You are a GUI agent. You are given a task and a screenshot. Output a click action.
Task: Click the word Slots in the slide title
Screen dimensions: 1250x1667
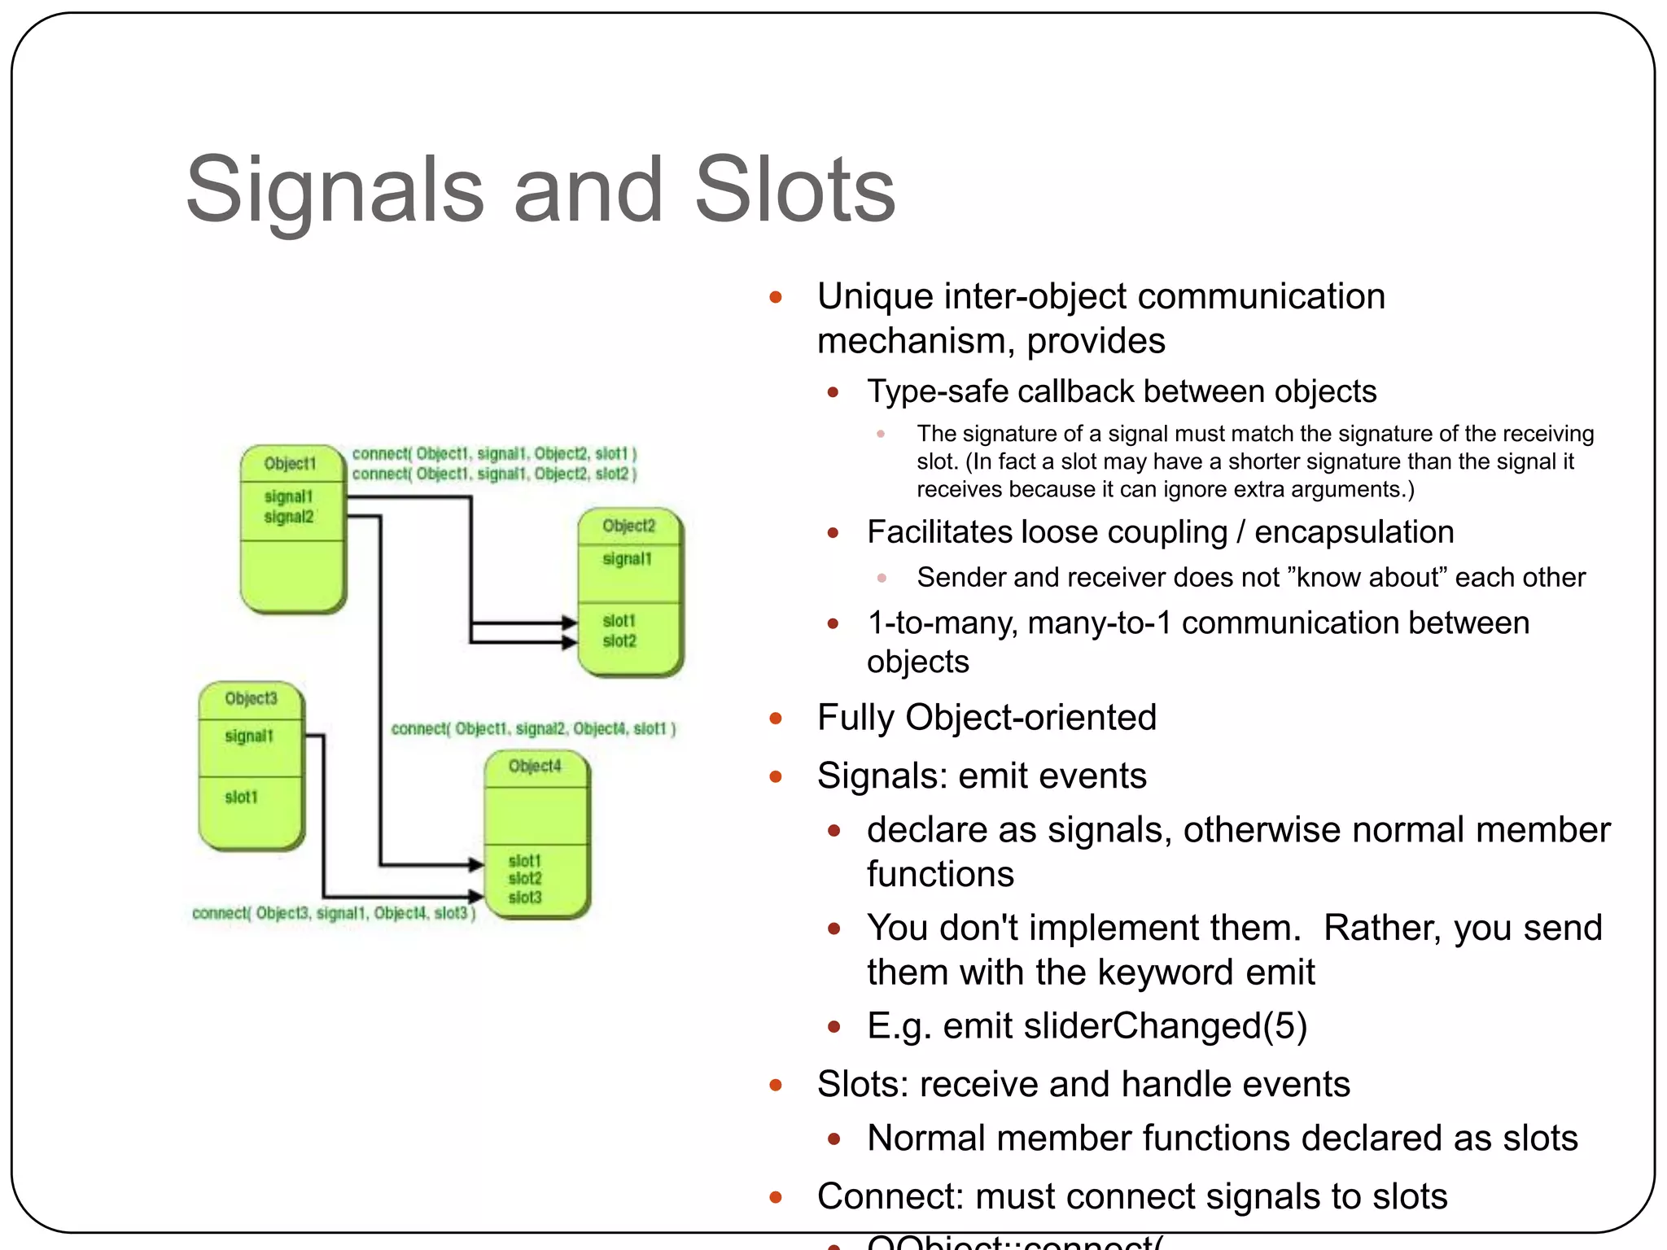click(794, 190)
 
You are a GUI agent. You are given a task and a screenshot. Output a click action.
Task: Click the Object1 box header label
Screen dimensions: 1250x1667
click(290, 464)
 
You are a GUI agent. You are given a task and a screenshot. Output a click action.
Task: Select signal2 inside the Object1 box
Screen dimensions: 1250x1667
click(288, 517)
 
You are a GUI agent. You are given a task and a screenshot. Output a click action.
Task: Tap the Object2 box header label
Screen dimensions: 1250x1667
click(628, 526)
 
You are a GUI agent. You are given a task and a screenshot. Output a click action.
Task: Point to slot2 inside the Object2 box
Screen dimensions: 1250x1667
click(619, 641)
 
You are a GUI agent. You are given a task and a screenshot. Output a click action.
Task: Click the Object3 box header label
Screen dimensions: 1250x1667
click(251, 698)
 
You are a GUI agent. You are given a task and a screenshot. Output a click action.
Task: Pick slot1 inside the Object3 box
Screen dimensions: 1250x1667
click(241, 798)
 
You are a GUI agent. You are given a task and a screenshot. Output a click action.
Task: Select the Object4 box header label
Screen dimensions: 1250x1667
click(535, 766)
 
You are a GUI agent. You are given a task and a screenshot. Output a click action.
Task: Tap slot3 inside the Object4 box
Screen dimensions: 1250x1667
click(524, 898)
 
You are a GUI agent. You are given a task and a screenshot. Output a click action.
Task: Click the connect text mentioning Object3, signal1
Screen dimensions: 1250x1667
click(333, 913)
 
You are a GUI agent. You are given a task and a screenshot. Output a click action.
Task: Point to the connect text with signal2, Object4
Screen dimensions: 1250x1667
click(533, 728)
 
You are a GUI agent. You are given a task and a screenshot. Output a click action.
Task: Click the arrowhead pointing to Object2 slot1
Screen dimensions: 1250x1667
click(570, 623)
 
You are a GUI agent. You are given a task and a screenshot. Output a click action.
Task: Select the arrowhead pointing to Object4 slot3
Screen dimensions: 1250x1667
click(477, 897)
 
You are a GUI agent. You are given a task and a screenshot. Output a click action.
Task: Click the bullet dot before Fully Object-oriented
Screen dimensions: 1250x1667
click(776, 719)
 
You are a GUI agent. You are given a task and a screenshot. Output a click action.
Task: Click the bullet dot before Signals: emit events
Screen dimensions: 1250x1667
click(776, 777)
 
